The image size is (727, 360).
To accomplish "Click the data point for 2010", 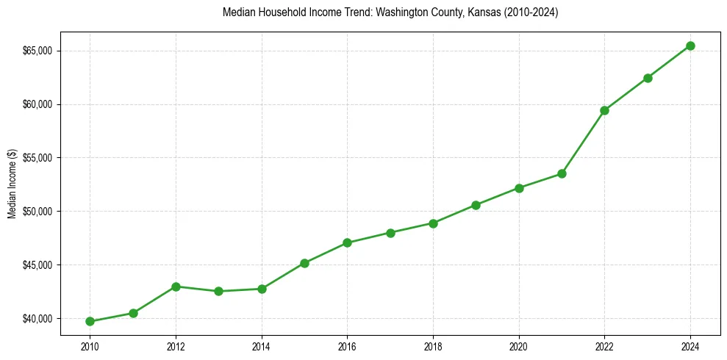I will coord(90,321).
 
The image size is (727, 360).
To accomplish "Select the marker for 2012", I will coord(176,287).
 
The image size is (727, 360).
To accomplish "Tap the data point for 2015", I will coord(304,263).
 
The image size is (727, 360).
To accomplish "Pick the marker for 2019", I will coord(476,205).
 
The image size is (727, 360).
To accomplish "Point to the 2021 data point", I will coord(562,173).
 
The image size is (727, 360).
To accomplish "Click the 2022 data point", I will coord(604,110).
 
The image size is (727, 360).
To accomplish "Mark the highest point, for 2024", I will coord(690,46).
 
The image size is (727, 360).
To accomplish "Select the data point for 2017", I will coord(390,233).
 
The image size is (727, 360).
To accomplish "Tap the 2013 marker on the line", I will coord(218,291).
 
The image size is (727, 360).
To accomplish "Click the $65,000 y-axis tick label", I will coord(37,51).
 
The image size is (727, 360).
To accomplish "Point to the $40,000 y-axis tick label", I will coord(37,318).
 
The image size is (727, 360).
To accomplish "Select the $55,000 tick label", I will coord(37,158).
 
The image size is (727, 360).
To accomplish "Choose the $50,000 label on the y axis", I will coord(37,212).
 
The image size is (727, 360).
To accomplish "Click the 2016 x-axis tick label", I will coord(347,345).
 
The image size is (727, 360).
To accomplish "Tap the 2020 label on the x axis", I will coord(519,345).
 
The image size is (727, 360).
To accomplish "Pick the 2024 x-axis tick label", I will coord(690,345).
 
